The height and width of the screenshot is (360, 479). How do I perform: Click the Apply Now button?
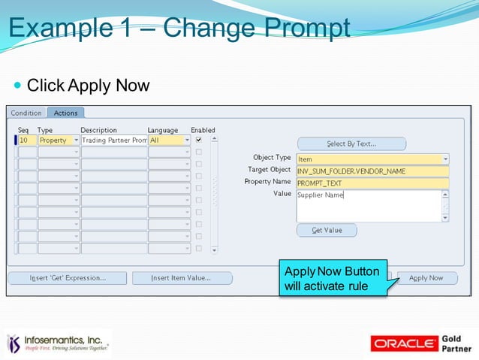click(x=426, y=278)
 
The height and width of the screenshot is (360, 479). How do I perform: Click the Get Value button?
click(x=327, y=231)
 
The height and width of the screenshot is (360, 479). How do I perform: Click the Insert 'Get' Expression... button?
click(x=68, y=278)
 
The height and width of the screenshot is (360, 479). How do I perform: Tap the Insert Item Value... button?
click(x=181, y=278)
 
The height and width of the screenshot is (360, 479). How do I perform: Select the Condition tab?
click(x=26, y=113)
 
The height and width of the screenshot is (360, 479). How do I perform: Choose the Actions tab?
click(x=66, y=113)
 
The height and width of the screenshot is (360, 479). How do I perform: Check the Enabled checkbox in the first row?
click(x=198, y=140)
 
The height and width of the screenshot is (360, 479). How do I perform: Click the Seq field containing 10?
click(x=27, y=140)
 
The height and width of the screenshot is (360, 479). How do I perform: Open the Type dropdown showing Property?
click(x=59, y=140)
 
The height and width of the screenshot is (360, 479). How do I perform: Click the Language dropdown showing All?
click(x=169, y=140)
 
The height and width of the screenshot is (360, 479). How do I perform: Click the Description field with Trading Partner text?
click(x=114, y=140)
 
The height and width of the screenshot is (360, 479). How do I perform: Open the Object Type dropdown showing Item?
click(x=372, y=159)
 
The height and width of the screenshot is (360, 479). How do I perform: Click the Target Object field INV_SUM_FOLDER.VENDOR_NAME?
click(x=372, y=171)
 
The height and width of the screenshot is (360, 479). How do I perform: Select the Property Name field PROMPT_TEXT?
click(x=372, y=183)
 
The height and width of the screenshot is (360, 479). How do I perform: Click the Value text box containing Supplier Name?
click(x=368, y=205)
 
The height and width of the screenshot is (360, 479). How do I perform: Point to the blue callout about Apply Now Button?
click(x=333, y=279)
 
